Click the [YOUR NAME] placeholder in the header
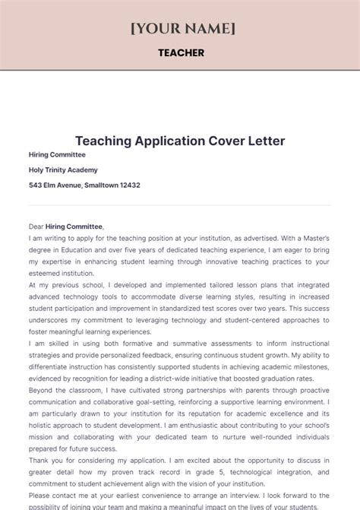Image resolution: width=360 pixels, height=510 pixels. (182, 28)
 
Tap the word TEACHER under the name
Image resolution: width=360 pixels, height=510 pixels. (181, 52)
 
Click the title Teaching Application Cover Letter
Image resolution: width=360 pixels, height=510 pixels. (180, 141)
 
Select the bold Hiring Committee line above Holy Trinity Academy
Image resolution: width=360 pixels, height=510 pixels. (57, 154)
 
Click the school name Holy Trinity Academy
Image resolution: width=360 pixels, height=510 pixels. (63, 169)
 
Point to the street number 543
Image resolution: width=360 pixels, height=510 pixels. (36, 185)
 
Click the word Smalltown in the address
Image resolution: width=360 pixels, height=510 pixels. (95, 185)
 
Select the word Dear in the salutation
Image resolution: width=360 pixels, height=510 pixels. (36, 226)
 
